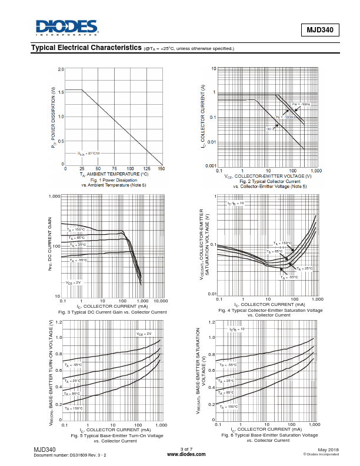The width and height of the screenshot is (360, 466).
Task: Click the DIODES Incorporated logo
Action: point(65,28)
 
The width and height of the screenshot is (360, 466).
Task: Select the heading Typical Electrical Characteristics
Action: point(86,48)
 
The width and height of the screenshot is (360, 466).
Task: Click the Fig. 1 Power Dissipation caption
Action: point(114,180)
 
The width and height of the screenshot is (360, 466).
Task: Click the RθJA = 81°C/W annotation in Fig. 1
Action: point(89,154)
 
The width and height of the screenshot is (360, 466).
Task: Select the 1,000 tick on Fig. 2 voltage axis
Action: point(316,171)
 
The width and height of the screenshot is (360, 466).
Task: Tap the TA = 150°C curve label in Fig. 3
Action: point(76,230)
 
